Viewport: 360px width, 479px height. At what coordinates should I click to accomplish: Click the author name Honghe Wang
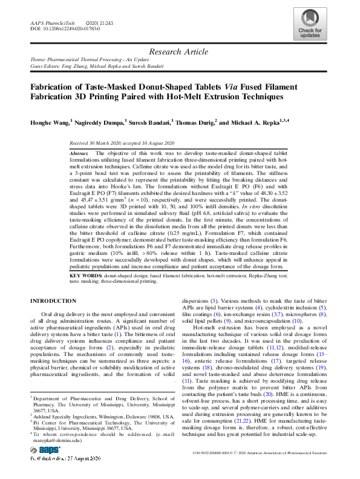pyautogui.click(x=50, y=122)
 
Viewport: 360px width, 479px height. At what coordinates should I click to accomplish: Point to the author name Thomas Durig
pyautogui.click(x=194, y=122)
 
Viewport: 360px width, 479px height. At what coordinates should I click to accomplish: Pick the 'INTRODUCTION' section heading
pyautogui.click(x=54, y=301)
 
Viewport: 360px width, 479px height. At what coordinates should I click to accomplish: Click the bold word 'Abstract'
pyautogui.click(x=79, y=154)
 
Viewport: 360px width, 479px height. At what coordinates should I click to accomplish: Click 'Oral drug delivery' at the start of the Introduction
pyautogui.click(x=67, y=314)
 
